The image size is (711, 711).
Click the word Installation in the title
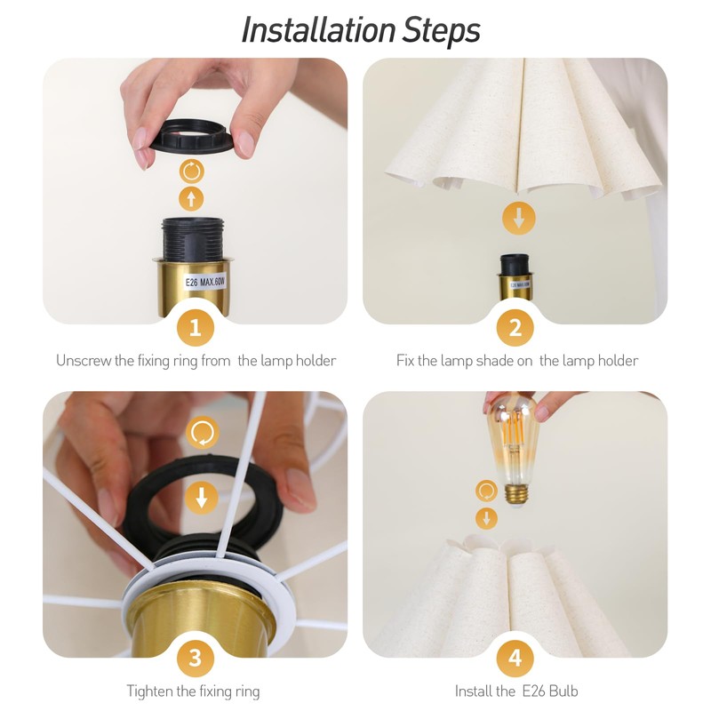coord(318,30)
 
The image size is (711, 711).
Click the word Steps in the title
coord(441,31)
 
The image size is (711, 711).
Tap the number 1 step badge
coord(196,327)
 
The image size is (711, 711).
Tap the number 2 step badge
coord(515,327)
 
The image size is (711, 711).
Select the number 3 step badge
coord(196,658)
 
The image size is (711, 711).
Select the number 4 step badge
coord(515,658)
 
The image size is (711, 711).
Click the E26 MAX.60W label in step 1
coord(205,282)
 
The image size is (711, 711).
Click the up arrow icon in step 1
coord(191,198)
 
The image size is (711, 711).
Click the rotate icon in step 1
coord(191,172)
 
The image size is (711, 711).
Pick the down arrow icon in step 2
coord(519,219)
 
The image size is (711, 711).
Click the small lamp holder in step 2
coord(515,277)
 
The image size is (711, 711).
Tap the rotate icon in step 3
coord(203,433)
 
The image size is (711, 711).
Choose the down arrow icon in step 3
coord(202,498)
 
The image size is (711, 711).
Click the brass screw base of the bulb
coord(517,494)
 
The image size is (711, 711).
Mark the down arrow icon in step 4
coord(486,518)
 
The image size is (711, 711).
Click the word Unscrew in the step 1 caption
coord(84,361)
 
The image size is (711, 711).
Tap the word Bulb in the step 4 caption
coord(563,691)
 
